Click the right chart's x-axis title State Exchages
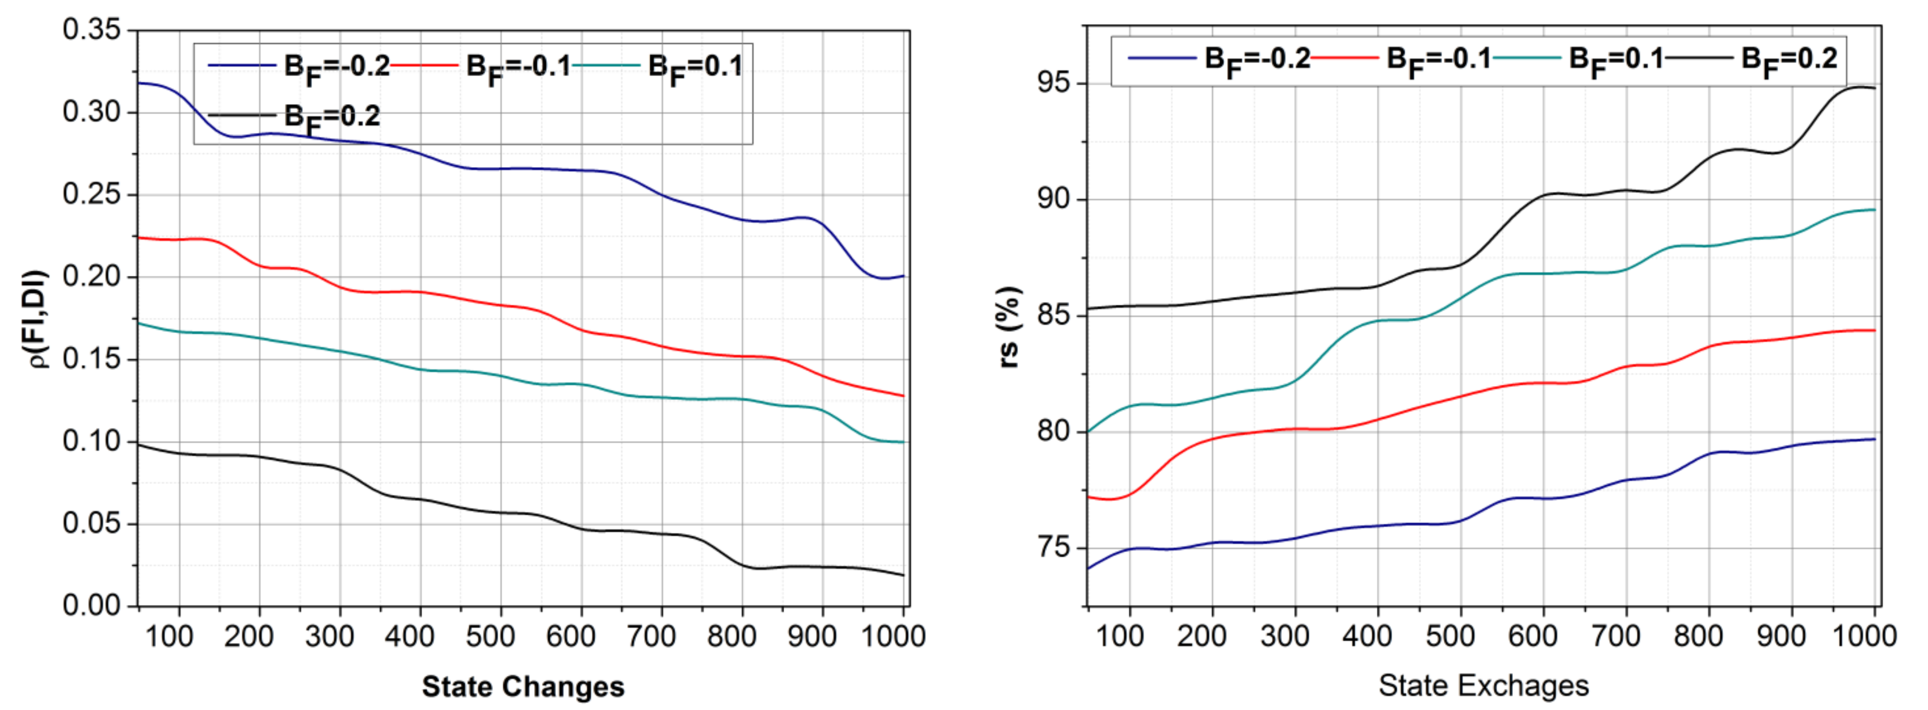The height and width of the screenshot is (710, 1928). (1483, 684)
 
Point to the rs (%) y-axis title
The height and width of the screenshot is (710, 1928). (1009, 327)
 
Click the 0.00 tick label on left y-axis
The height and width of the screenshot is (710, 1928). (91, 605)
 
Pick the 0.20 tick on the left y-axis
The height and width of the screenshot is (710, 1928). (91, 276)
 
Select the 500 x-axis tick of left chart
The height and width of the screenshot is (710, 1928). (490, 637)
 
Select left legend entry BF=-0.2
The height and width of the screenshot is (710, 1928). (299, 66)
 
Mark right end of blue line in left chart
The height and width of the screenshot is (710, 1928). (904, 276)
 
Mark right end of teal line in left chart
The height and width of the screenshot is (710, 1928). (904, 442)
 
